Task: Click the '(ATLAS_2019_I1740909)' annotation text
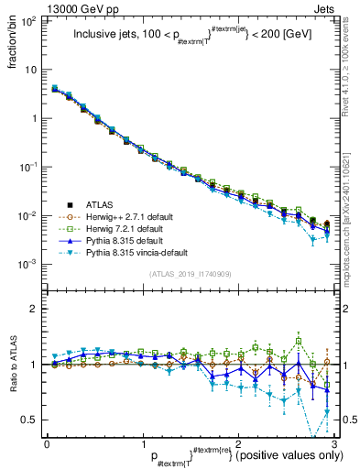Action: [190, 275]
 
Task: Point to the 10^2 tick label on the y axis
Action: [29, 20]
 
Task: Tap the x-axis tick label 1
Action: [142, 442]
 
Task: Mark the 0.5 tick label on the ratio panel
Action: [29, 420]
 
